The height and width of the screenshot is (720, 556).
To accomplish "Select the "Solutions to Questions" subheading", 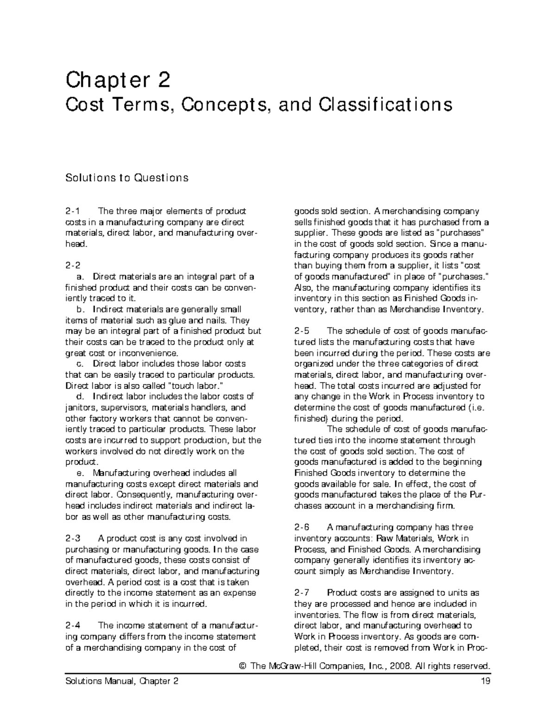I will tap(127, 178).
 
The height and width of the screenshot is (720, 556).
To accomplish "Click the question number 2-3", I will tap(73, 539).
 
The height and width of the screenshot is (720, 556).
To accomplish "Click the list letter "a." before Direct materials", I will tap(84, 277).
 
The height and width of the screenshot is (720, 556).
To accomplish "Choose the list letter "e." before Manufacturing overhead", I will tap(84, 473).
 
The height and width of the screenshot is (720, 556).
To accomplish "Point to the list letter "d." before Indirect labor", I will tap(84, 397).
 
